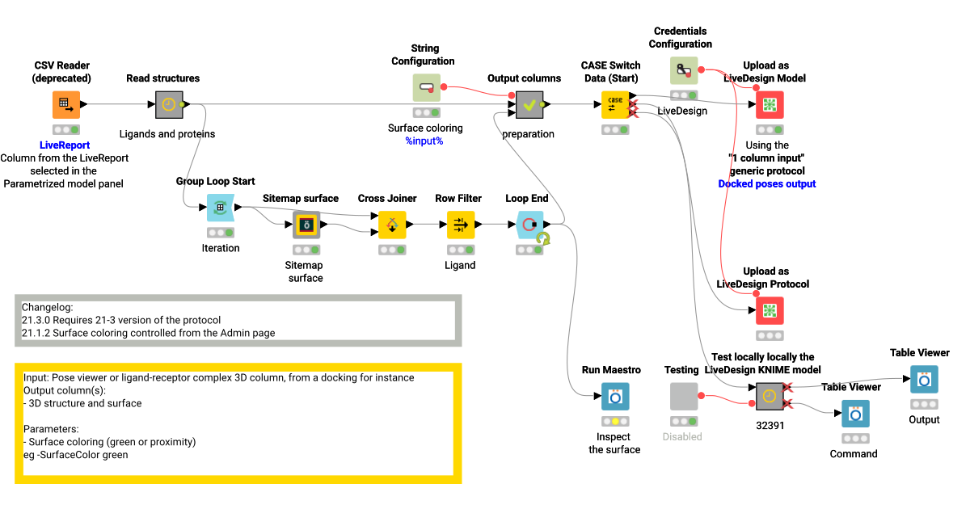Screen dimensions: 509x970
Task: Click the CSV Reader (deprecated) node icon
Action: pos(66,104)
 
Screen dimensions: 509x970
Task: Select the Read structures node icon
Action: pos(168,104)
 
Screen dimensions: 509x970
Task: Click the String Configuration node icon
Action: pos(426,87)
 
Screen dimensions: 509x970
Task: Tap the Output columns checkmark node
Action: pos(529,104)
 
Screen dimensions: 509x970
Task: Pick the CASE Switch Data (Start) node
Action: pos(614,104)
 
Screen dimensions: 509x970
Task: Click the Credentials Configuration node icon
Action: pos(683,70)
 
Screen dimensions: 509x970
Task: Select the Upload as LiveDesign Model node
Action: pos(769,104)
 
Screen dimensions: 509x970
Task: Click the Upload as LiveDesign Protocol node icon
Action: pos(769,310)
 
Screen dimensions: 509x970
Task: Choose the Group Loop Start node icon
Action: pos(220,208)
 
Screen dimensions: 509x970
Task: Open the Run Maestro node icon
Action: pos(614,396)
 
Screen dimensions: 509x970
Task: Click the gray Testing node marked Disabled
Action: pos(683,396)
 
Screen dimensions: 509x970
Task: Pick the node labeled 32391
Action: pos(769,396)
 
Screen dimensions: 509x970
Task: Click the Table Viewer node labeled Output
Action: pos(924,379)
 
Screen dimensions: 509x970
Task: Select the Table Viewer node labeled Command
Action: pos(855,413)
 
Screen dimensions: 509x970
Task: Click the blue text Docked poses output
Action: pos(767,184)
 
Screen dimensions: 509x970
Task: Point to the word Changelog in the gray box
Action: pos(47,307)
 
